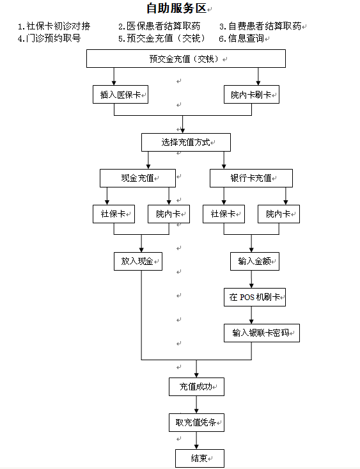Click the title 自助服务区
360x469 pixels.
point(176,8)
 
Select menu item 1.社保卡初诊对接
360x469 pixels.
point(54,26)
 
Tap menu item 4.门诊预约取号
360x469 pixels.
point(49,38)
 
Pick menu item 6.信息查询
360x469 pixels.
point(242,38)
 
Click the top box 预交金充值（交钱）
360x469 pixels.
point(186,59)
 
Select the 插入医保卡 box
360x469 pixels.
point(120,95)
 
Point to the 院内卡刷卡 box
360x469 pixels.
point(251,95)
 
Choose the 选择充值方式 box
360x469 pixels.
point(186,142)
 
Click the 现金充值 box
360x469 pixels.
point(137,178)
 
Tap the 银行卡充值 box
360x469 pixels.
point(251,178)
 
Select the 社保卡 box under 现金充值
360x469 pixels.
point(114,214)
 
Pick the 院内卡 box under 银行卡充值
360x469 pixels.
point(279,214)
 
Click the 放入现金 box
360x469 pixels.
point(138,262)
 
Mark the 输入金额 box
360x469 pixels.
point(254,262)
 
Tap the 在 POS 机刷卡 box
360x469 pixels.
point(254,297)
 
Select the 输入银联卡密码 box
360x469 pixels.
point(262,333)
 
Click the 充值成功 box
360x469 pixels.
point(196,386)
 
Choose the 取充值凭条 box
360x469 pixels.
point(196,422)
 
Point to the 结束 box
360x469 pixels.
point(200,458)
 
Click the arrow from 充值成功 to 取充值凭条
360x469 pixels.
point(196,404)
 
